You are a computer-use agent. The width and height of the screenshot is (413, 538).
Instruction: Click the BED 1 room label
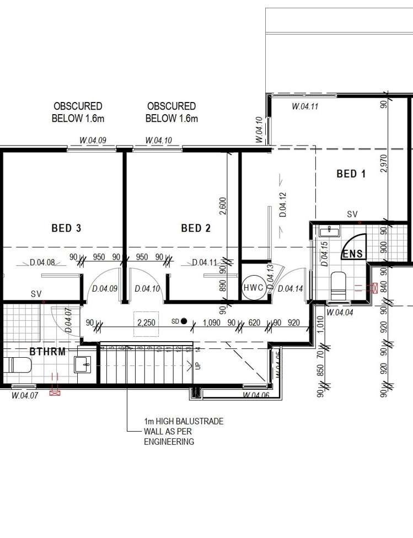[351, 174]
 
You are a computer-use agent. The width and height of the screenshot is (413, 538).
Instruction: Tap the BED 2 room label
[196, 228]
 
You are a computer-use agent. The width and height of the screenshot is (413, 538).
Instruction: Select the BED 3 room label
[66, 228]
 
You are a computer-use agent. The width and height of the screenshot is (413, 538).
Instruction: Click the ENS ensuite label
[352, 254]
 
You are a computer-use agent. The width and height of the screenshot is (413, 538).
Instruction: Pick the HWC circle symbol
[254, 288]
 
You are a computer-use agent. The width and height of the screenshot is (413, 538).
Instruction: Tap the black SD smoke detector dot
[184, 321]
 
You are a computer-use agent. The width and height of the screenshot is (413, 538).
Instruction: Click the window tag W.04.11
[305, 107]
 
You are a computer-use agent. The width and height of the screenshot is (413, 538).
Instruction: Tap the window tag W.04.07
[25, 395]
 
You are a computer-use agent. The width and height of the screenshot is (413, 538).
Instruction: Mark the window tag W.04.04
[340, 312]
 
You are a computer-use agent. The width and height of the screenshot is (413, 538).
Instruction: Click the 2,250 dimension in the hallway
[146, 323]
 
